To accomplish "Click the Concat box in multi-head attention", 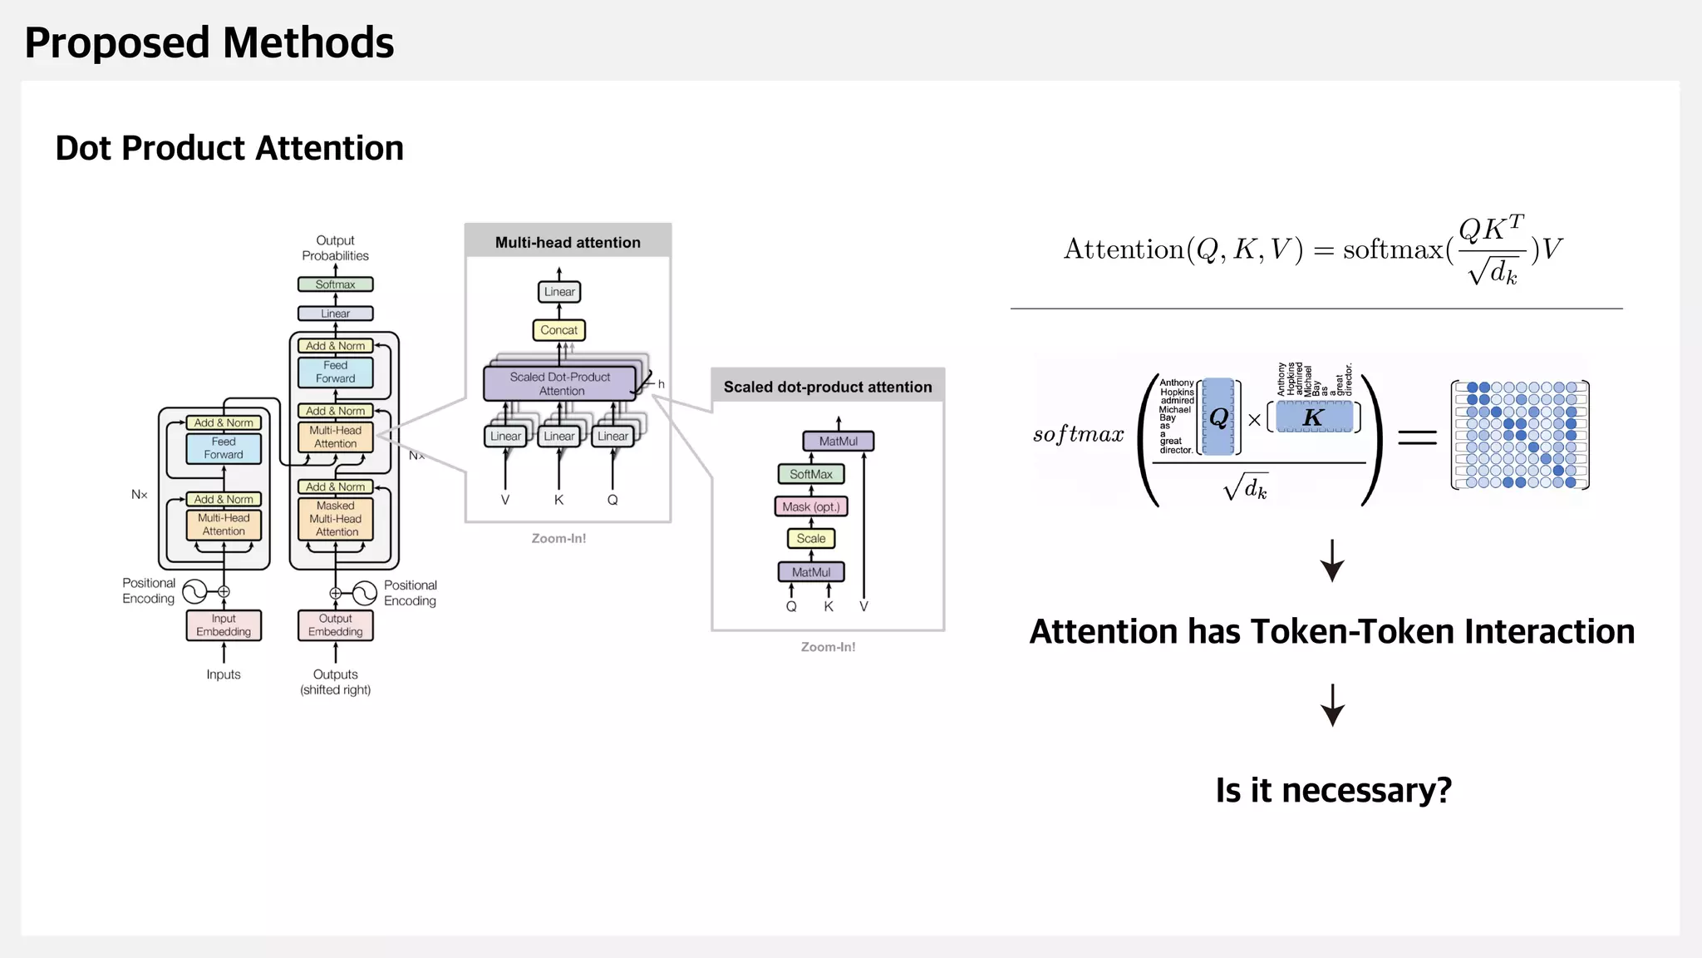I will tap(558, 330).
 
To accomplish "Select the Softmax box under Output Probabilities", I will tap(335, 284).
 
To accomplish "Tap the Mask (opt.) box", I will tap(810, 506).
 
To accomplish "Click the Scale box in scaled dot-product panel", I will tap(810, 539).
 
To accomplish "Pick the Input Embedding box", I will tap(224, 625).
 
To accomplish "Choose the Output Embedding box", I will tap(335, 625).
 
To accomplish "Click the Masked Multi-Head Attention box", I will tap(336, 519).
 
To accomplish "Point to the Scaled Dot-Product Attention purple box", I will tap(559, 383).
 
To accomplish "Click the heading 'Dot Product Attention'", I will tap(229, 148).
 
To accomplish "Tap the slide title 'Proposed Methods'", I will tap(209, 43).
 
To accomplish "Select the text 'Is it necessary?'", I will tap(1333, 790).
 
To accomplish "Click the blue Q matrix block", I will tap(1218, 417).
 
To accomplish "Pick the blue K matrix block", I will tap(1314, 417).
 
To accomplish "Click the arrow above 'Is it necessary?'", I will tap(1333, 705).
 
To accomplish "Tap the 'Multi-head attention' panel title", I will tap(568, 243).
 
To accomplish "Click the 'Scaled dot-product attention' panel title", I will tap(828, 387).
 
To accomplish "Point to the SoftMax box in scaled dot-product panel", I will tap(810, 474).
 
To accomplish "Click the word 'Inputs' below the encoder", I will tap(224, 674).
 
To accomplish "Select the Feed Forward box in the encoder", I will tap(224, 448).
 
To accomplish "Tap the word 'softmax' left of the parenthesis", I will tap(1078, 434).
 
